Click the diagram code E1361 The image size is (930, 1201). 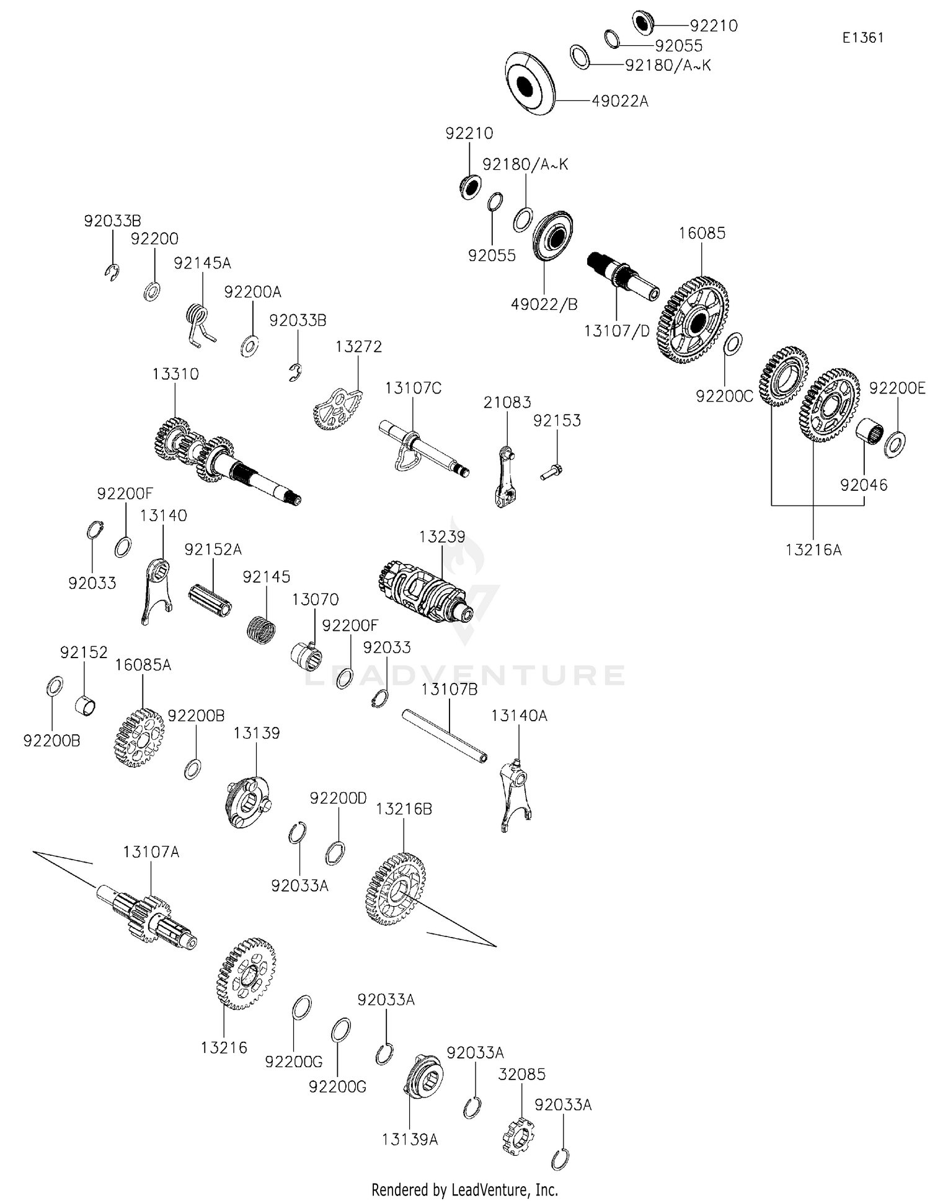tap(862, 38)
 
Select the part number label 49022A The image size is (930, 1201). tap(619, 101)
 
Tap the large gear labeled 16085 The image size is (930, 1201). tap(693, 320)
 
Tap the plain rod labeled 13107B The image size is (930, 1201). tap(444, 735)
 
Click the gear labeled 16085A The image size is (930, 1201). tap(139, 737)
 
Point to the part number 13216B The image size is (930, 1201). tap(404, 809)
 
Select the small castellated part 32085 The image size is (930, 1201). tap(518, 1135)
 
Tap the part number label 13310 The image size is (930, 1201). tap(175, 374)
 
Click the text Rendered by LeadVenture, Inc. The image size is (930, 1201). tap(464, 1189)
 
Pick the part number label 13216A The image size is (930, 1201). tap(813, 550)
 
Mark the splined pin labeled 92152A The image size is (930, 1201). tap(210, 599)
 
